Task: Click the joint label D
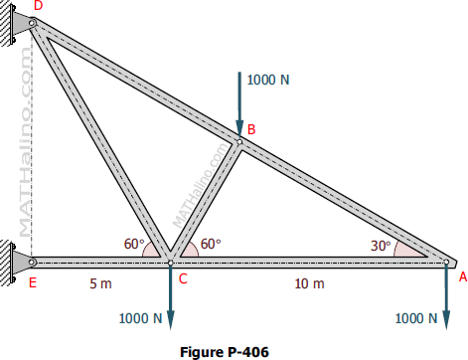[x=38, y=7]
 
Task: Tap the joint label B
[x=251, y=129]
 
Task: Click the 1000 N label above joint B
[x=268, y=80]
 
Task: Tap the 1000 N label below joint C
[x=140, y=319]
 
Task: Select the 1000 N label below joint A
[x=416, y=319]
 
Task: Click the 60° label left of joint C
[x=134, y=243]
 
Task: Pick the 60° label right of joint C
[x=211, y=243]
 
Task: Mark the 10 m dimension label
[x=310, y=283]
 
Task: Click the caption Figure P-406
[x=225, y=350]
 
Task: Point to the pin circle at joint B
[x=239, y=141]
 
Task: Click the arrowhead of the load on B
[x=239, y=125]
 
